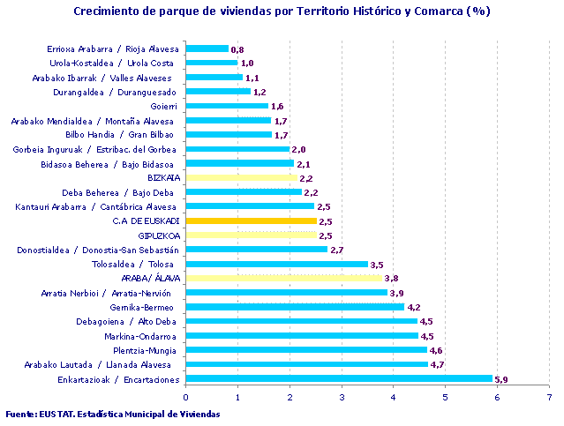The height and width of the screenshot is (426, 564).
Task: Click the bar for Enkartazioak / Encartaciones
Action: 339,378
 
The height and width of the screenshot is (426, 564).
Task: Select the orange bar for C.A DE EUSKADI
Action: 251,220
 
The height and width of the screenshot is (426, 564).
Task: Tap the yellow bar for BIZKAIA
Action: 243,177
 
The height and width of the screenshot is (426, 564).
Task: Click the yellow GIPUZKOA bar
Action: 251,235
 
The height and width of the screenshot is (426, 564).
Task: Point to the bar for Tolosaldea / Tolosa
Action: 276,264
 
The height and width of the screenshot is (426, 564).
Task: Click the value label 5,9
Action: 501,379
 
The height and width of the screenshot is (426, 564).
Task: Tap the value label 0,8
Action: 237,49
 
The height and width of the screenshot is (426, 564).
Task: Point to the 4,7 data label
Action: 437,364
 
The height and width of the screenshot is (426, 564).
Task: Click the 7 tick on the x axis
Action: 549,397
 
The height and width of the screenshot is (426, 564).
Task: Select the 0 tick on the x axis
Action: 185,397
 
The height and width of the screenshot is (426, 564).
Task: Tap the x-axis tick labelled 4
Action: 393,397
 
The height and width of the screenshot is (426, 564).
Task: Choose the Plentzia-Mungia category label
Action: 145,350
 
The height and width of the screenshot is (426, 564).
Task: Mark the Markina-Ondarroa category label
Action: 143,336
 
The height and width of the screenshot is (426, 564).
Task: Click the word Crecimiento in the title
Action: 109,11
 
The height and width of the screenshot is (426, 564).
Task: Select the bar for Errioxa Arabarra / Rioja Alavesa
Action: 207,49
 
